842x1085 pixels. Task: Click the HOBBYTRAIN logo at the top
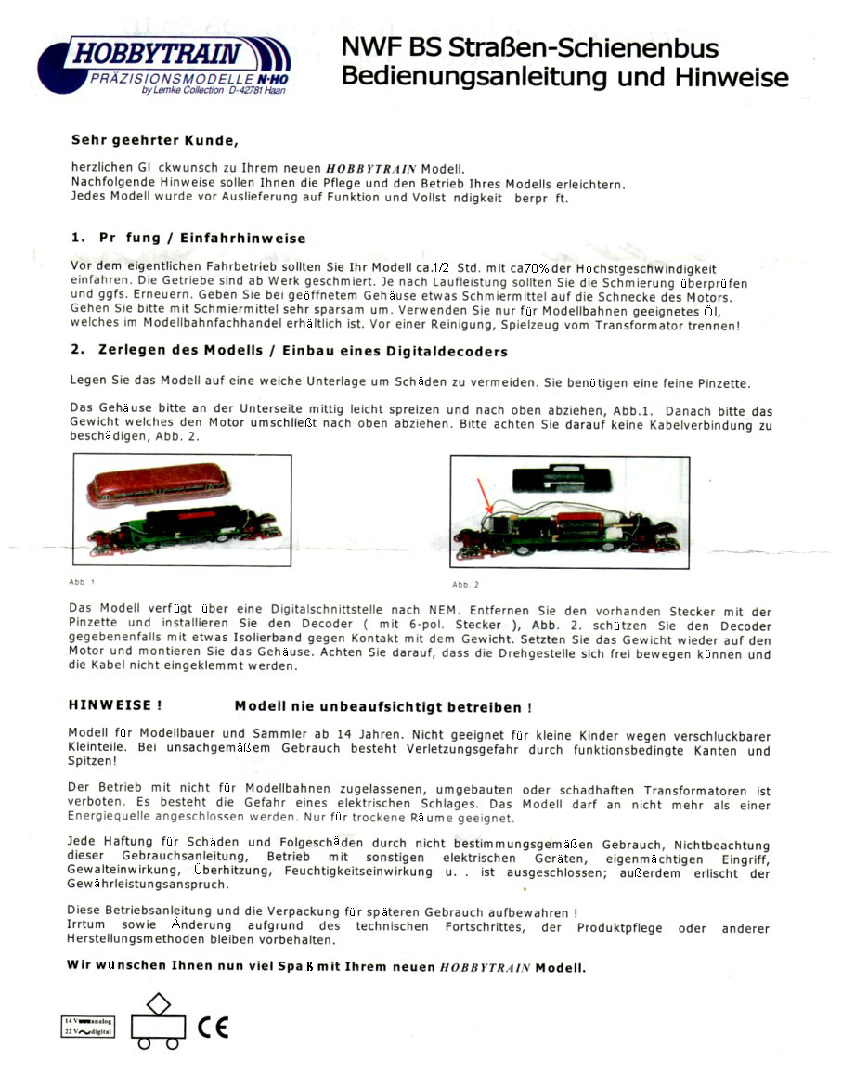[x=163, y=64]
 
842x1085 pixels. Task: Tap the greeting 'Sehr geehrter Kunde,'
[x=155, y=141]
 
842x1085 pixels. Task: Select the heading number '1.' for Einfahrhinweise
[x=79, y=239]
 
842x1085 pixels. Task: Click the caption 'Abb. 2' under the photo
[x=465, y=585]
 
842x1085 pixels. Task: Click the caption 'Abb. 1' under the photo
[x=82, y=582]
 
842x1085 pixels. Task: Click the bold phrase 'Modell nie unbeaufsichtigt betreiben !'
[x=383, y=706]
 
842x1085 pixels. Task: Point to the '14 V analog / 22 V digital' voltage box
[x=88, y=1026]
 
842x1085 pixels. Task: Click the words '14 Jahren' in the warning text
[x=356, y=733]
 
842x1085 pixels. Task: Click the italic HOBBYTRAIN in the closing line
[x=484, y=967]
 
